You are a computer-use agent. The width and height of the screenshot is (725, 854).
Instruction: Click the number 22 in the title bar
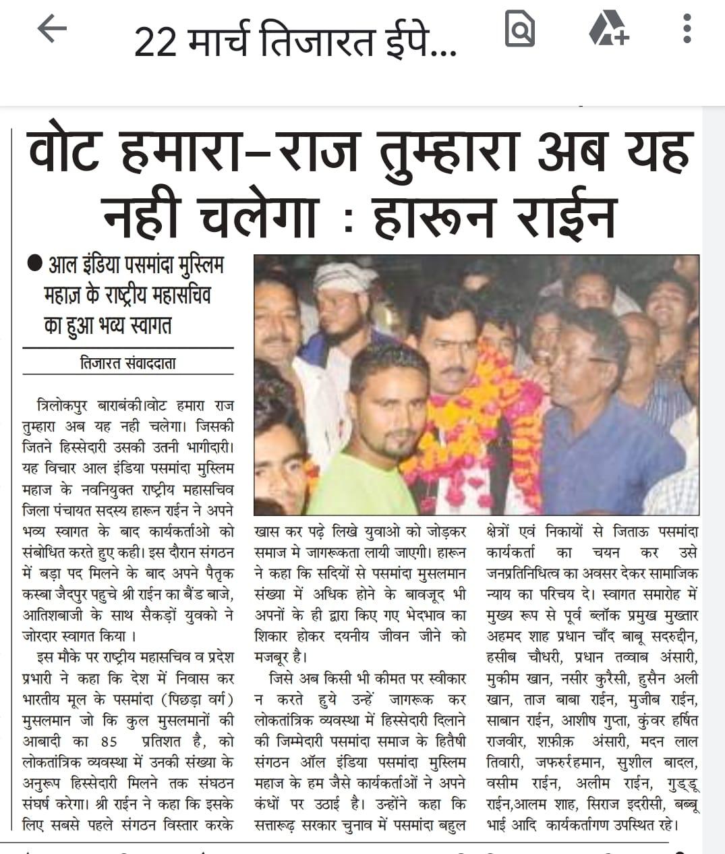coord(156,42)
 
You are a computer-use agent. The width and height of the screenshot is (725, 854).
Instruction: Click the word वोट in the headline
coord(63,152)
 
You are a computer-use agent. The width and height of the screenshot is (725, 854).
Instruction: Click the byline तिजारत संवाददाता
coord(127,363)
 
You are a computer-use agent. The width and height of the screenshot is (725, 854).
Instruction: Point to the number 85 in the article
coord(108,741)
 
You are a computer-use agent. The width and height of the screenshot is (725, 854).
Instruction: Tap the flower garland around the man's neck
coord(472,418)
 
